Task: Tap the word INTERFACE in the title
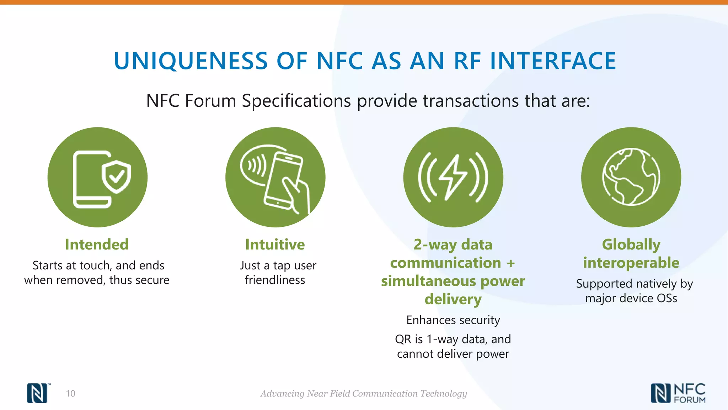tap(553, 61)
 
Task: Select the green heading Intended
tap(97, 245)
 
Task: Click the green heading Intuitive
tap(275, 245)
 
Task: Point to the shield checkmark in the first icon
tap(116, 176)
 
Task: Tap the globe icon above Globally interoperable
tap(631, 177)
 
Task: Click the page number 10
tap(70, 393)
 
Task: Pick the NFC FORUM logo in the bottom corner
tap(678, 393)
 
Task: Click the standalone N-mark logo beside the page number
tap(38, 393)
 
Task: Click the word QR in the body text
tap(403, 339)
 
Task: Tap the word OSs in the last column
tap(667, 298)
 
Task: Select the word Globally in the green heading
tap(631, 245)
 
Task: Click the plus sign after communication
tap(511, 263)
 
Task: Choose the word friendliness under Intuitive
tap(275, 280)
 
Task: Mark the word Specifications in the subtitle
tap(296, 101)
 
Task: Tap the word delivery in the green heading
tap(453, 299)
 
